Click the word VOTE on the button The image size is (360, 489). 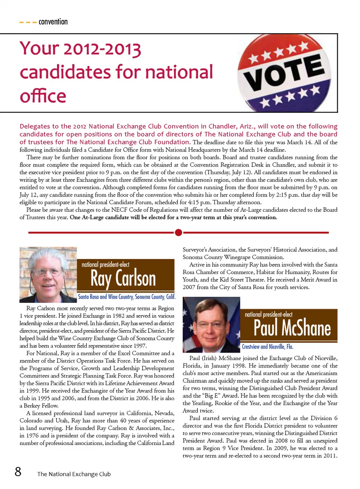click(285, 73)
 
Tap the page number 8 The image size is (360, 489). click(18, 471)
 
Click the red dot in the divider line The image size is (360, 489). click(178, 233)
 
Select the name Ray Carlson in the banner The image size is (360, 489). click(123, 279)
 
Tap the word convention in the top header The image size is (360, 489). click(53, 22)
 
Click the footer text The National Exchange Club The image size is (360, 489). click(74, 474)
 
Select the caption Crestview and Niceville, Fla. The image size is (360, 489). click(267, 347)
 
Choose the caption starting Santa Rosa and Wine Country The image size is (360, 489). click(126, 297)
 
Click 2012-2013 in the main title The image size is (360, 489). click(102, 49)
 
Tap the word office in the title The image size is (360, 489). click(43, 96)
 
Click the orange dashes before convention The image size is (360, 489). click(28, 22)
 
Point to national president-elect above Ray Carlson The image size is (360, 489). click(105, 265)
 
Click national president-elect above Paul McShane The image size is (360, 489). click(268, 314)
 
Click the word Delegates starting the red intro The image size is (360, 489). click(34, 126)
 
